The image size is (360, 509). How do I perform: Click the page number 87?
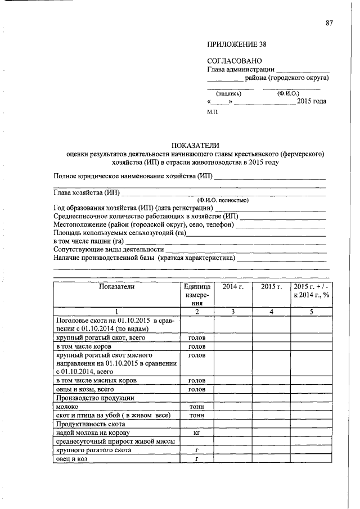tap(329, 23)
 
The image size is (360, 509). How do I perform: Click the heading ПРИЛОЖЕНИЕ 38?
tap(237, 44)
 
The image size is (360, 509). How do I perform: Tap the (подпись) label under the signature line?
tap(229, 93)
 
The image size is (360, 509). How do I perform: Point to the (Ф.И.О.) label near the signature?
tap(288, 93)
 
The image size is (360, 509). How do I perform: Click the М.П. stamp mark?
tap(214, 112)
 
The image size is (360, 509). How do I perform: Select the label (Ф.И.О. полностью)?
tap(222, 200)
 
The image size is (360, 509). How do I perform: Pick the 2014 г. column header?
tap(233, 286)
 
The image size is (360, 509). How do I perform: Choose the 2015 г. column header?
tap(271, 286)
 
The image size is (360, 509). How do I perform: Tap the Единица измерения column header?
tap(196, 294)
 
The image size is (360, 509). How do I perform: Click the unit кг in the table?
tap(196, 433)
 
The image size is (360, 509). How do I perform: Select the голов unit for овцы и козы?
tap(196, 389)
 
